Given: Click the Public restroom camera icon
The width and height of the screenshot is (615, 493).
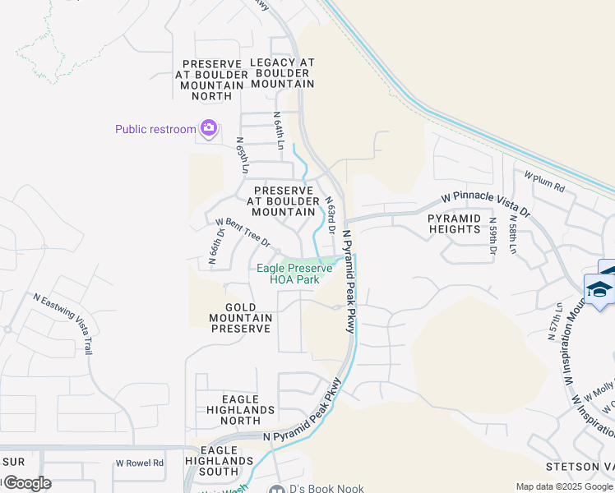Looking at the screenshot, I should coord(208,128).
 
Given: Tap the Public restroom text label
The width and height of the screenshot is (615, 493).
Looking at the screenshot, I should coord(155,129).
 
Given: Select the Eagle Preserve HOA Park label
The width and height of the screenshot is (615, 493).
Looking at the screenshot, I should coord(294,274).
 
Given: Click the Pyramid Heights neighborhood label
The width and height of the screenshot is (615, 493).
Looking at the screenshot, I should coord(454,223).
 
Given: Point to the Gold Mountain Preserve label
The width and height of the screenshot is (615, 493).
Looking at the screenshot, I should coord(241,318).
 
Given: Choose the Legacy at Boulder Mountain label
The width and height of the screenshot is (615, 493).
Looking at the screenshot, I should coord(282,73).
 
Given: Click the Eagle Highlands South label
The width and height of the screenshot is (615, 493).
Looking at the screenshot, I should coord(224,461).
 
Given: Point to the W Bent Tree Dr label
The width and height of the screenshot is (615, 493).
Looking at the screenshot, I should coord(243,233).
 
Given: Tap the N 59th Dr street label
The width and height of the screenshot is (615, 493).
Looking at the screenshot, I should coord(492,235).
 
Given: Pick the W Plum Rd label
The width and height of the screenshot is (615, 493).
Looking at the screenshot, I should coord(544,182).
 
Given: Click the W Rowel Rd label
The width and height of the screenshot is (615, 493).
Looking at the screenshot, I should coord(140,463).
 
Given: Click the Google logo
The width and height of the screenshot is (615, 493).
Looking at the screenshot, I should coord(26,483).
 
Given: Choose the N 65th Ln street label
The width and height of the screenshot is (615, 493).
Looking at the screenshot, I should coord(242,154).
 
